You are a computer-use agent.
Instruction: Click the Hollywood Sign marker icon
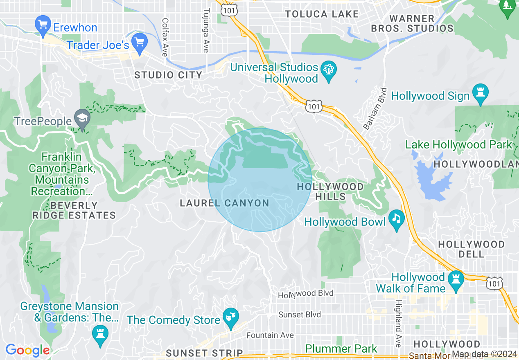[x=481, y=93]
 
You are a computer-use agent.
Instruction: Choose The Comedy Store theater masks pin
[x=230, y=317]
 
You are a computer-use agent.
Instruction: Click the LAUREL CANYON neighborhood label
[x=224, y=203]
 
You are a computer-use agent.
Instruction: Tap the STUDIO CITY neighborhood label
[x=168, y=75]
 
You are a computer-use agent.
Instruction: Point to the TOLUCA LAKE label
[x=322, y=14]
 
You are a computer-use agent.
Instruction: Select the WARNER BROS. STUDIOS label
[x=412, y=23]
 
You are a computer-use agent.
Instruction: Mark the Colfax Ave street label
[x=165, y=37]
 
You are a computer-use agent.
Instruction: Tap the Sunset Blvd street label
[x=300, y=315]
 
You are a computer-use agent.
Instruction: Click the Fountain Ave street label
[x=270, y=335]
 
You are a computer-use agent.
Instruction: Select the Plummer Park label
[x=341, y=349]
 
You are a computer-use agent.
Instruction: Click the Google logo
[x=27, y=350]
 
